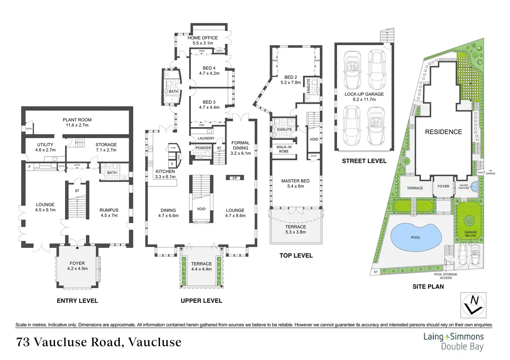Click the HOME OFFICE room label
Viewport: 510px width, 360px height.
[203, 38]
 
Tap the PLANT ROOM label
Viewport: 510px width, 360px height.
[77, 120]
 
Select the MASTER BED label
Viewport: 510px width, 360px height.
[295, 181]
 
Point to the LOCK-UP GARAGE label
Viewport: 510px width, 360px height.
[364, 94]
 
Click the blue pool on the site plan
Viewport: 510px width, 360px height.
[416, 237]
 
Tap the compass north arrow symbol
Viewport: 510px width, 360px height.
[473, 305]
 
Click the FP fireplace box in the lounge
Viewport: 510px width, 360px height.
[235, 178]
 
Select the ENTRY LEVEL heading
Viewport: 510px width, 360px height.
[77, 301]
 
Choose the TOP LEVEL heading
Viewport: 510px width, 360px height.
[296, 255]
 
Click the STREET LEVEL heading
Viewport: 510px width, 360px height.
[364, 161]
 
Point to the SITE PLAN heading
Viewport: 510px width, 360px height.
[428, 287]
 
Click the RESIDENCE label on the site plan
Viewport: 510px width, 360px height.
[443, 132]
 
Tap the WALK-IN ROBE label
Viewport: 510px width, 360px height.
[284, 149]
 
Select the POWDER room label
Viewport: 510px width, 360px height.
[203, 148]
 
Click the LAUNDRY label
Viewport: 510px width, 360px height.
[206, 138]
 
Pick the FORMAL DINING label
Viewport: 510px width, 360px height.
[240, 145]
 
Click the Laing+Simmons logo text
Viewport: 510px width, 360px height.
[454, 336]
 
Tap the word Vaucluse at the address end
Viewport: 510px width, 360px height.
[155, 342]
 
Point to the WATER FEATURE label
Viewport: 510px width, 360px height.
[464, 187]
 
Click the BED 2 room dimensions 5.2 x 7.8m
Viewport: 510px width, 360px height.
[291, 83]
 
